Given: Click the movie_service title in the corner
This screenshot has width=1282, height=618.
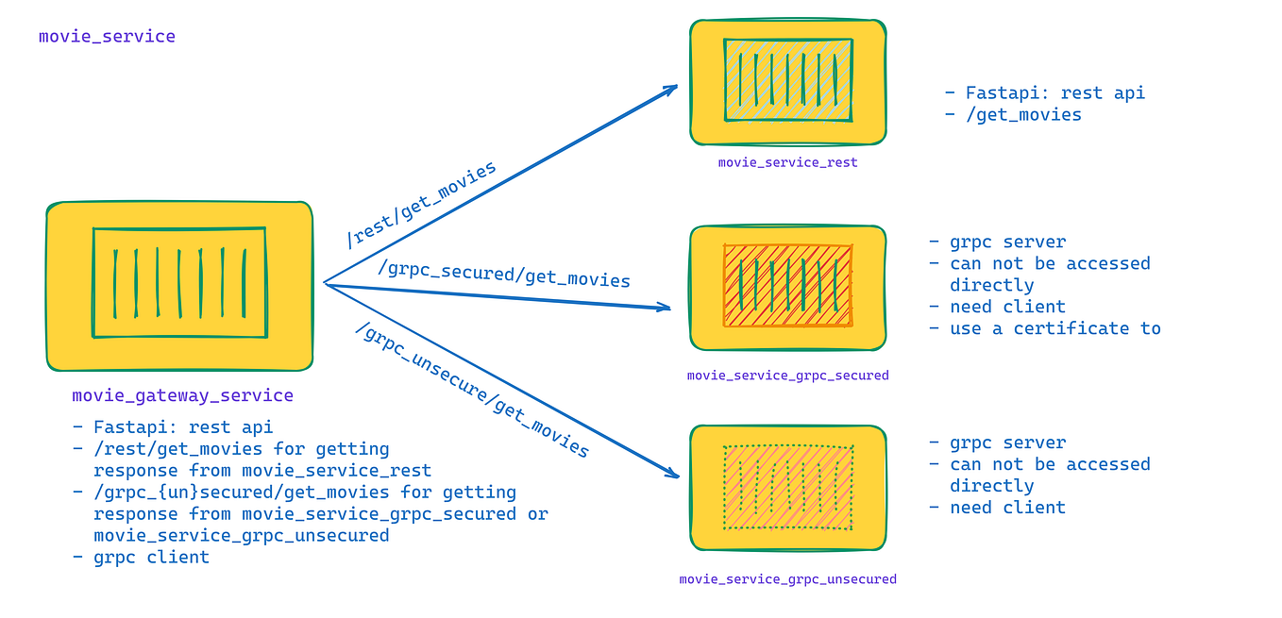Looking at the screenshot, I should [x=107, y=37].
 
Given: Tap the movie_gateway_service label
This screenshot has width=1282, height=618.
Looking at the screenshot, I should [x=182, y=395].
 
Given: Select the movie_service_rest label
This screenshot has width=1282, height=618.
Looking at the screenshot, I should [x=787, y=162].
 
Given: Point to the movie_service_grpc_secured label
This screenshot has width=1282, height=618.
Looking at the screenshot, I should [x=787, y=376].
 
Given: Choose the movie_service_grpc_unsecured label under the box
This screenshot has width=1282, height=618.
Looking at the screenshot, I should [x=787, y=579].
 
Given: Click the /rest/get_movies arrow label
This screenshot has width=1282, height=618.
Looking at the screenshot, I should [x=421, y=205].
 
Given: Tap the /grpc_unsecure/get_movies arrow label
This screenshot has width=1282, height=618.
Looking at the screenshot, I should [x=472, y=390].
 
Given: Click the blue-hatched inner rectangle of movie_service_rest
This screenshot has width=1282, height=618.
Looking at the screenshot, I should [x=787, y=80].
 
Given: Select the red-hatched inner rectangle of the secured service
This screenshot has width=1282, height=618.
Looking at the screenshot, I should [x=787, y=285].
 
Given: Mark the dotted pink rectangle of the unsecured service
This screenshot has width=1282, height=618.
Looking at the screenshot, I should [x=787, y=487].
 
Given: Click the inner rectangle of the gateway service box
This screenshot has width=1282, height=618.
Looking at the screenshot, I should [x=178, y=282].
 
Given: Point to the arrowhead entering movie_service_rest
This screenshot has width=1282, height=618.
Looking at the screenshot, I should [x=672, y=89].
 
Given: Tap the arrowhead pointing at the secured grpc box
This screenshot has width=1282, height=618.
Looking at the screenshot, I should [x=665, y=308].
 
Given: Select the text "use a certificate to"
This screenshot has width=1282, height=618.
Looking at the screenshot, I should [x=1054, y=328].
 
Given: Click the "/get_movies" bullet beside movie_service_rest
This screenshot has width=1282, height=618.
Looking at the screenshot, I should [x=1023, y=115].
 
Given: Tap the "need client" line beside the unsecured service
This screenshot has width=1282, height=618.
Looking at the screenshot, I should [x=1007, y=508].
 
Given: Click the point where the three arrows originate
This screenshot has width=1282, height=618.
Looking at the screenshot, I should [x=325, y=283].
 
